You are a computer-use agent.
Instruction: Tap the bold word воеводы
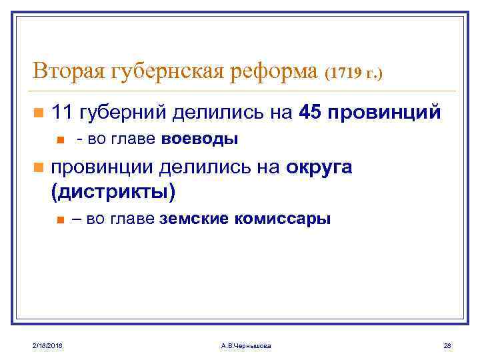(200, 139)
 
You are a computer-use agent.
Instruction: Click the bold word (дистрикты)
(113, 193)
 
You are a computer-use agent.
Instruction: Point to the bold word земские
(192, 219)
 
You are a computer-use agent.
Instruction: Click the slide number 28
(447, 345)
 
